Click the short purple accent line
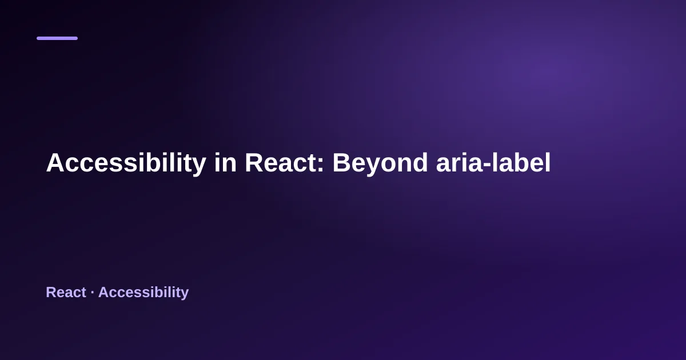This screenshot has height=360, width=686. [x=57, y=38]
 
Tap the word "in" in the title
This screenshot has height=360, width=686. [x=225, y=162]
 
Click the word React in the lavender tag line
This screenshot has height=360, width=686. [x=66, y=293]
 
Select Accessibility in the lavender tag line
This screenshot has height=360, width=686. [x=143, y=293]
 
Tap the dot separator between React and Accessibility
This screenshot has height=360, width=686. [x=92, y=293]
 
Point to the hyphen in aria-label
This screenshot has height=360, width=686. [x=487, y=165]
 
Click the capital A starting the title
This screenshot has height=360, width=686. [x=56, y=162]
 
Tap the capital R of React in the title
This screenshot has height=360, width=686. [x=254, y=162]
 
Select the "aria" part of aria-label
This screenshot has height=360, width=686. [x=460, y=162]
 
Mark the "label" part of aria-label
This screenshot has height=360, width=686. [x=521, y=162]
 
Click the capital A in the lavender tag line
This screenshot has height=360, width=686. [x=104, y=293]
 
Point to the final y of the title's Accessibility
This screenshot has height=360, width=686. [x=198, y=167]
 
